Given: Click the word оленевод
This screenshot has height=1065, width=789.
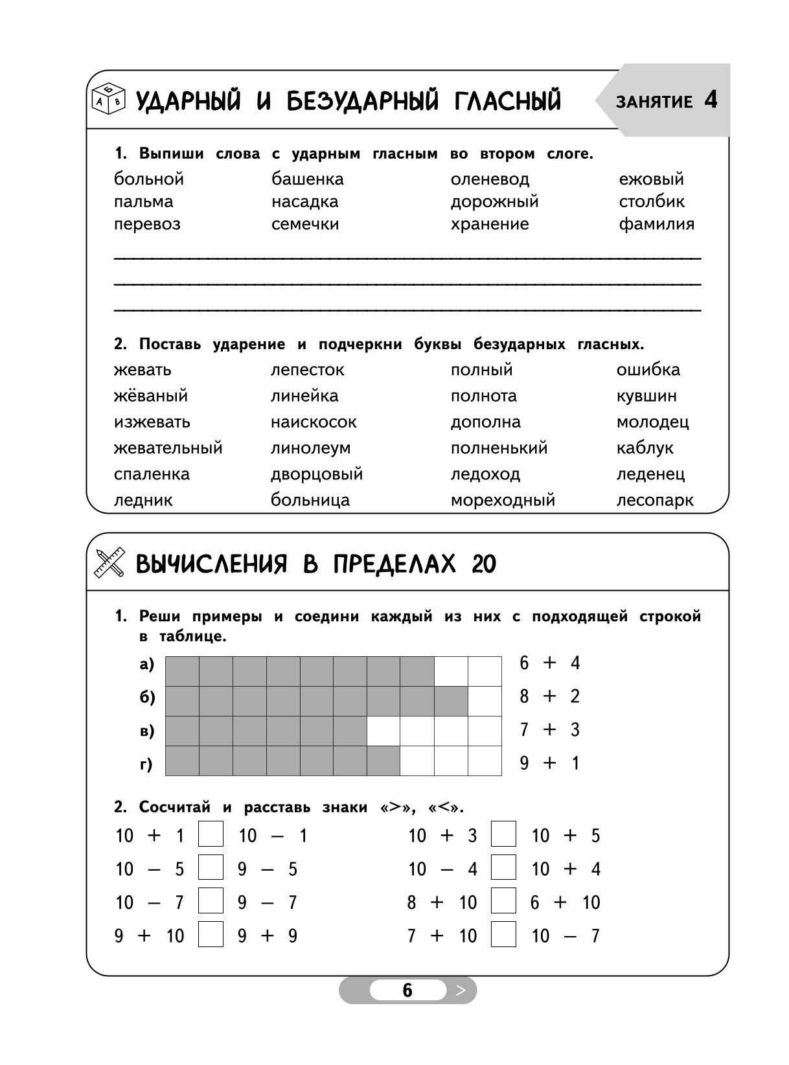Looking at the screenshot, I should click(490, 179).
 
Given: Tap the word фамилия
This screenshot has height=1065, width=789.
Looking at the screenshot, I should click(656, 224).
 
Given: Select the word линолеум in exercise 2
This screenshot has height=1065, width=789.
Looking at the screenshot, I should click(310, 448).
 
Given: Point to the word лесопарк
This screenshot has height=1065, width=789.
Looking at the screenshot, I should click(654, 501).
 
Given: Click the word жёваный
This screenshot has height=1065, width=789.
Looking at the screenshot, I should click(150, 396).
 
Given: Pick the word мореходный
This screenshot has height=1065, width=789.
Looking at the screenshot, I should click(503, 501).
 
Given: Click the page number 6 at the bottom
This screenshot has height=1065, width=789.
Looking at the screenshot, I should click(407, 991).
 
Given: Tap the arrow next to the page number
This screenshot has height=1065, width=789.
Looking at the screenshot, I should click(461, 991).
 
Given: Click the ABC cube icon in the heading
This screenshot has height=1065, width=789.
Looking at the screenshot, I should click(108, 99).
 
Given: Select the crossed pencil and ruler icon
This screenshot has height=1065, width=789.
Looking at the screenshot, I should click(109, 563).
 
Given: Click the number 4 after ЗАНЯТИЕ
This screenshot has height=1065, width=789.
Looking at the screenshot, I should click(710, 100).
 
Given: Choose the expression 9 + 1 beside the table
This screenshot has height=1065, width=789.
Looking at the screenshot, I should click(549, 763).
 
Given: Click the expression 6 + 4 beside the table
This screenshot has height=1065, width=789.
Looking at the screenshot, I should click(549, 663).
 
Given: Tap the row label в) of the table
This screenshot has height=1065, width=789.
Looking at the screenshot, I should click(147, 731).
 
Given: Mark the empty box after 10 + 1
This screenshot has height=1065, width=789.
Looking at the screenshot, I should click(211, 834).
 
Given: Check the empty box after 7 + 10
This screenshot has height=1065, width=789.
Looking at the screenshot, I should click(503, 935).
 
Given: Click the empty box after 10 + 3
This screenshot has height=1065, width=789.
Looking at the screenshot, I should click(503, 834).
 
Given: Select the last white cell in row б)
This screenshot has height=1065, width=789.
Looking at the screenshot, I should click(485, 701).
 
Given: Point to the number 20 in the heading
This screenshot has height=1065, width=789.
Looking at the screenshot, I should click(483, 565).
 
